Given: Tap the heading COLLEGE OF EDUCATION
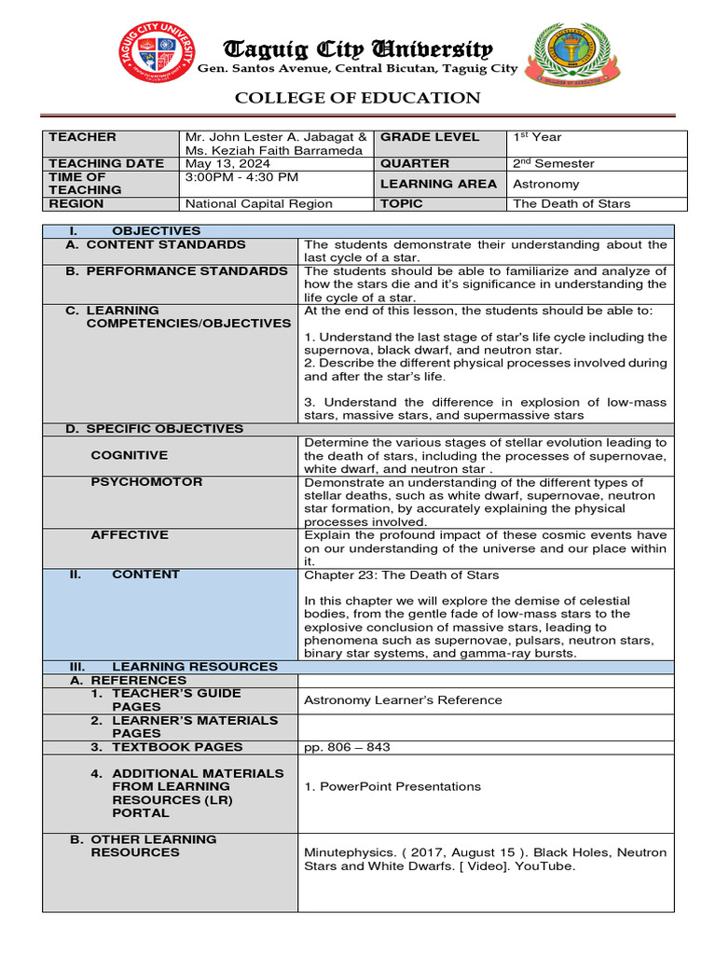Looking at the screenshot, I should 357,98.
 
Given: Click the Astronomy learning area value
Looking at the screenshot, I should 545,184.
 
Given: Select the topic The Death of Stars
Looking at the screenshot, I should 571,203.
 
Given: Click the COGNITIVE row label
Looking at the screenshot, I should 130,455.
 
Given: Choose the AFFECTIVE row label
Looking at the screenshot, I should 130,534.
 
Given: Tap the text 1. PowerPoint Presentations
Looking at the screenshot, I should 392,786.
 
